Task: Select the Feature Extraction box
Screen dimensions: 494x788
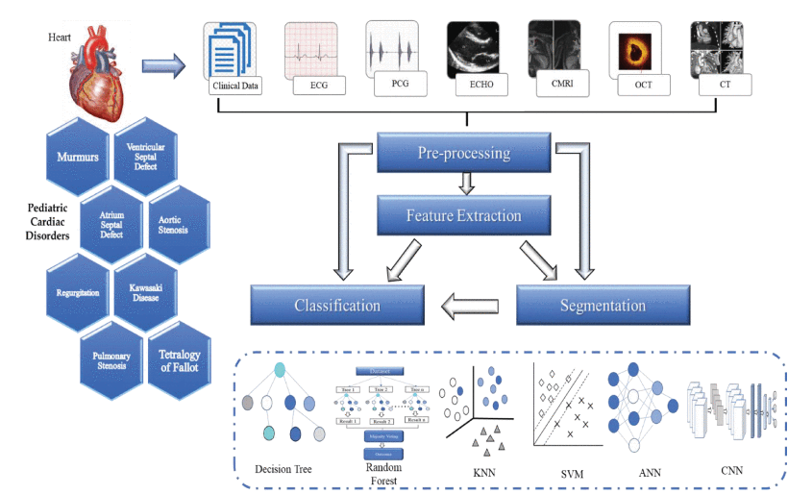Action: pos(463,216)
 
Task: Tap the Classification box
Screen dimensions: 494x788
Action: pos(336,306)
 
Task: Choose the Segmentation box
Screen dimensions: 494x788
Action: pos(603,306)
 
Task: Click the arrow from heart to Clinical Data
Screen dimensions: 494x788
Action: pos(163,65)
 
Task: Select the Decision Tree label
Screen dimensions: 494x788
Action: pos(285,469)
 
